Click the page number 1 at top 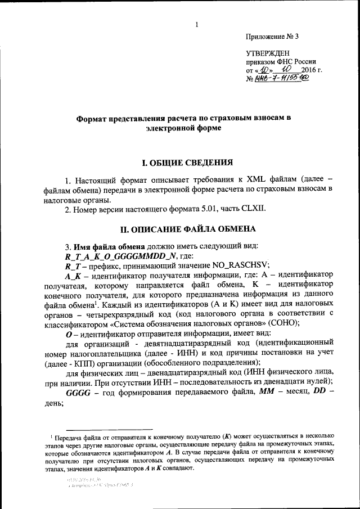(197, 24)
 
